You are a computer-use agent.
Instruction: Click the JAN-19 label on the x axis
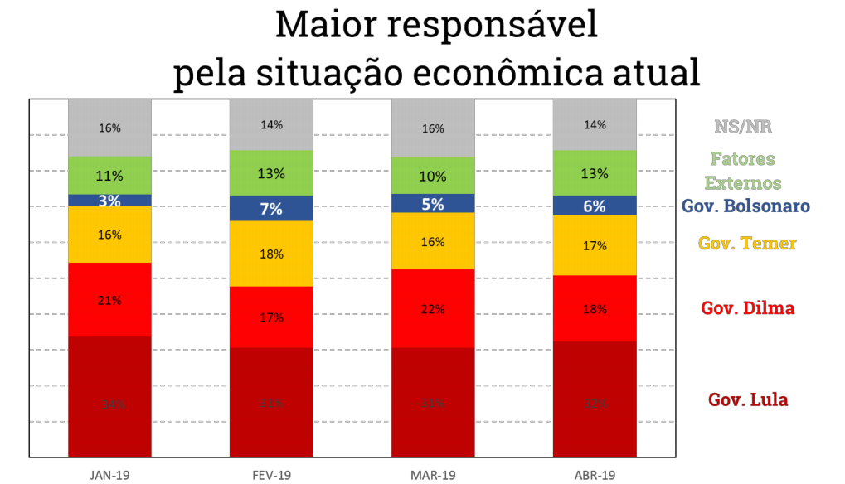pyautogui.click(x=109, y=475)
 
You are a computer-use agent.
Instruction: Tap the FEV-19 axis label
pyautogui.click(x=271, y=475)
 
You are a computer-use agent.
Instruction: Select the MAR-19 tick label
pyautogui.click(x=433, y=475)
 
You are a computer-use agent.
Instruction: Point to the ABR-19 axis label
pyautogui.click(x=595, y=475)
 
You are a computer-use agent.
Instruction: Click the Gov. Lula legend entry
pyautogui.click(x=747, y=400)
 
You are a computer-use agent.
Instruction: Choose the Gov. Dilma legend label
pyautogui.click(x=747, y=308)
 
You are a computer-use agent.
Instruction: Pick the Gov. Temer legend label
pyautogui.click(x=747, y=244)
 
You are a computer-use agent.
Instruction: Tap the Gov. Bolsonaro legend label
pyautogui.click(x=745, y=206)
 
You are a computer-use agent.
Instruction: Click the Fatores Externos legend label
pyautogui.click(x=742, y=170)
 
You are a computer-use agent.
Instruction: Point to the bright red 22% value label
pyautogui.click(x=433, y=309)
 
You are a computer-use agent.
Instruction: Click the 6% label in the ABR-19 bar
pyautogui.click(x=595, y=206)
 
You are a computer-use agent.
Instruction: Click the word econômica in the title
pyautogui.click(x=537, y=73)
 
